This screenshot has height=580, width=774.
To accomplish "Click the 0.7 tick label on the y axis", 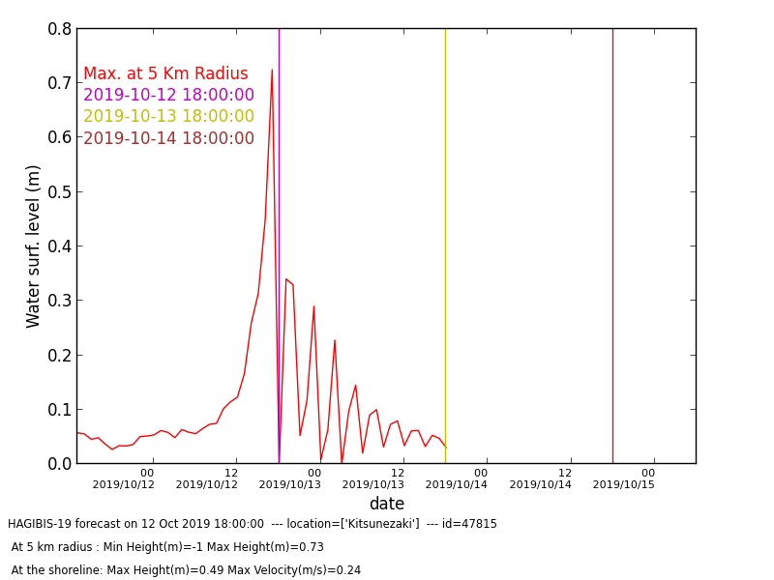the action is pyautogui.click(x=60, y=83).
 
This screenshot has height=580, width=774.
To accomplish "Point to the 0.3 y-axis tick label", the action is pyautogui.click(x=60, y=301).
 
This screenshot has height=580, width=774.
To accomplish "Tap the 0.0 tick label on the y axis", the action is pyautogui.click(x=60, y=464).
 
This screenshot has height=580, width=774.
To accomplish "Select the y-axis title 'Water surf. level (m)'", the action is pyautogui.click(x=33, y=246).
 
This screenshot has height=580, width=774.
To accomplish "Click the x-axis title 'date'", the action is pyautogui.click(x=387, y=504).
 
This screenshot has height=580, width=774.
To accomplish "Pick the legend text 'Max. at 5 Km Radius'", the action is pyautogui.click(x=165, y=73).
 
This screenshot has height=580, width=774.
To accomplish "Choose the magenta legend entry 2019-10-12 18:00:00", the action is pyautogui.click(x=168, y=95).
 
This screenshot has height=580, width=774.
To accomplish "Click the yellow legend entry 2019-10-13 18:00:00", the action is pyautogui.click(x=168, y=116).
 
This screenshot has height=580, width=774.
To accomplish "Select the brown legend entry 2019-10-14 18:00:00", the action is pyautogui.click(x=168, y=138).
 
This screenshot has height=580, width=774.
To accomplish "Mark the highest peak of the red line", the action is pyautogui.click(x=272, y=70).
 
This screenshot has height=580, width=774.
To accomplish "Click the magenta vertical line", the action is pyautogui.click(x=279, y=246).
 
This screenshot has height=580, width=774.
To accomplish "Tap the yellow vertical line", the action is pyautogui.click(x=445, y=246).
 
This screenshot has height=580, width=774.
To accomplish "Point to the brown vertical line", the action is pyautogui.click(x=612, y=246).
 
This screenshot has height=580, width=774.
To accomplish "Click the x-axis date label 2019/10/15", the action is pyautogui.click(x=623, y=485).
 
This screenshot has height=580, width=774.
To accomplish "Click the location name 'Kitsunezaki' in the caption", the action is pyautogui.click(x=380, y=524).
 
